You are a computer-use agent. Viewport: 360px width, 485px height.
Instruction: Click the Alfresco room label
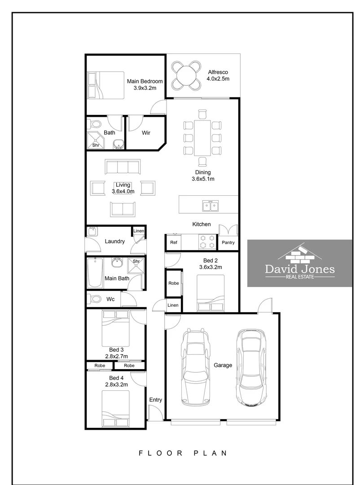coord(218,72)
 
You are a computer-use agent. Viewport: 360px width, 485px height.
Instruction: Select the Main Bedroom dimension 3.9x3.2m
coord(145,88)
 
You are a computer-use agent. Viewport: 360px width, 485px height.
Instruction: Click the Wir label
coord(146,133)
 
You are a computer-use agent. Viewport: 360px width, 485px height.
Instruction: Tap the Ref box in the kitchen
coord(173,242)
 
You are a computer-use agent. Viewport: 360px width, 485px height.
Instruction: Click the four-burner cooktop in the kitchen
coord(206,242)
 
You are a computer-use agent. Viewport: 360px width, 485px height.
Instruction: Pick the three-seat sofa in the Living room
coord(123,167)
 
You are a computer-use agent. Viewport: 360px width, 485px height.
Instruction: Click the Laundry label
coord(114,241)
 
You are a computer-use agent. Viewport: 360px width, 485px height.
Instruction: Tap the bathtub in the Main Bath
coord(95,273)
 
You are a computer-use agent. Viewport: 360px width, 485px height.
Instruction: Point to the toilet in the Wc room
coord(95,298)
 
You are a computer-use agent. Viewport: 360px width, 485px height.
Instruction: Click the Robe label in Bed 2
coord(173,283)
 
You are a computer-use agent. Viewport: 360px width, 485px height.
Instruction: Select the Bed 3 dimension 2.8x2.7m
coord(116,357)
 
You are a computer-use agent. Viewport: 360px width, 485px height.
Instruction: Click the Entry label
coord(155,400)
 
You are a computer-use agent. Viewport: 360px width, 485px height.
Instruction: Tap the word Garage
coord(223,365)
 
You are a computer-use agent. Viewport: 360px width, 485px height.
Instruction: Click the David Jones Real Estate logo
coord(300,263)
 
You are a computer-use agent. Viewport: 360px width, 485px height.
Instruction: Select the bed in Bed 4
coord(115,409)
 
